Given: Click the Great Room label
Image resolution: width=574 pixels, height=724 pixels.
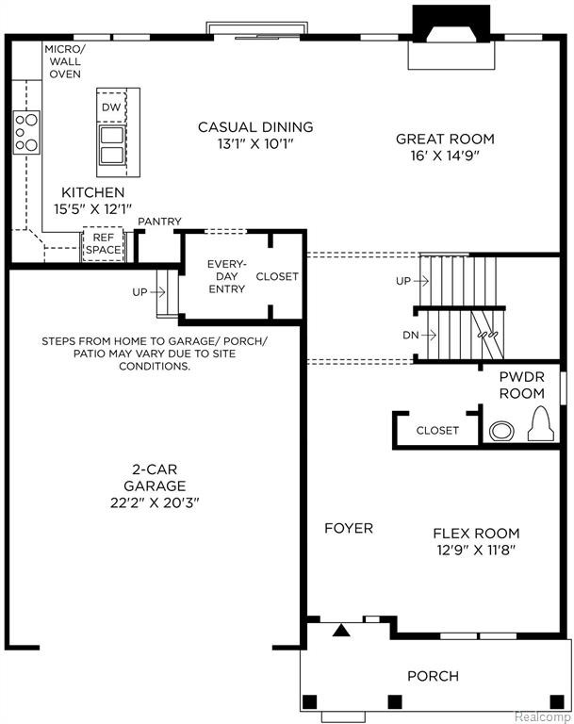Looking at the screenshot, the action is click(x=445, y=139).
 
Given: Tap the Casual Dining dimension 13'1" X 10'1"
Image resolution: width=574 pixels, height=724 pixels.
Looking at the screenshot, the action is click(x=255, y=144).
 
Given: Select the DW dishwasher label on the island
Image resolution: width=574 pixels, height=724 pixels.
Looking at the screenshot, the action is click(x=111, y=107).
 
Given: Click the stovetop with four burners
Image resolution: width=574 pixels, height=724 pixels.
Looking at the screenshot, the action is click(x=26, y=133).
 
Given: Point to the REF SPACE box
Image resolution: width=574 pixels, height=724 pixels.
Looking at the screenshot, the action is click(x=103, y=244).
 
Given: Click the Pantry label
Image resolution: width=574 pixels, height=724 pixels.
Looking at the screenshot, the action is click(x=159, y=222).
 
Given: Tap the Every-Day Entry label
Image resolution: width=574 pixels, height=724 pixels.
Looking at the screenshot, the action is click(x=226, y=276).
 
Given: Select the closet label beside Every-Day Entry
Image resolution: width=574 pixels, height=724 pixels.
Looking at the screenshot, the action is click(x=277, y=276).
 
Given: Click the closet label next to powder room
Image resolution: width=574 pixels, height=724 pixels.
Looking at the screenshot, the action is click(x=436, y=430).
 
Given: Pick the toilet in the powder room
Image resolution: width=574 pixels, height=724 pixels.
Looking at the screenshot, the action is click(x=541, y=423).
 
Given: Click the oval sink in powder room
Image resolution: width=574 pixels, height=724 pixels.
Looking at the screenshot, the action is click(x=501, y=431).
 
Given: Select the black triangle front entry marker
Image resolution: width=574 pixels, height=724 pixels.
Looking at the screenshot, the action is click(x=341, y=631).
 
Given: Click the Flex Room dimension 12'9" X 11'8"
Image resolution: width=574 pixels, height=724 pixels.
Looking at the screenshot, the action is click(x=476, y=550).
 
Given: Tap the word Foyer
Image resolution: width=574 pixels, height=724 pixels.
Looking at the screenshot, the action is click(x=349, y=528).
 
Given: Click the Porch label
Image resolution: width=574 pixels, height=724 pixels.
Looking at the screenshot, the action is click(x=433, y=676).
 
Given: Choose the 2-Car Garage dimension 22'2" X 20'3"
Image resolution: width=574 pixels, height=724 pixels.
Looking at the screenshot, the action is click(x=155, y=502).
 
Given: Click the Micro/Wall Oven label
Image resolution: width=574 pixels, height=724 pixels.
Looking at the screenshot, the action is click(x=65, y=61).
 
